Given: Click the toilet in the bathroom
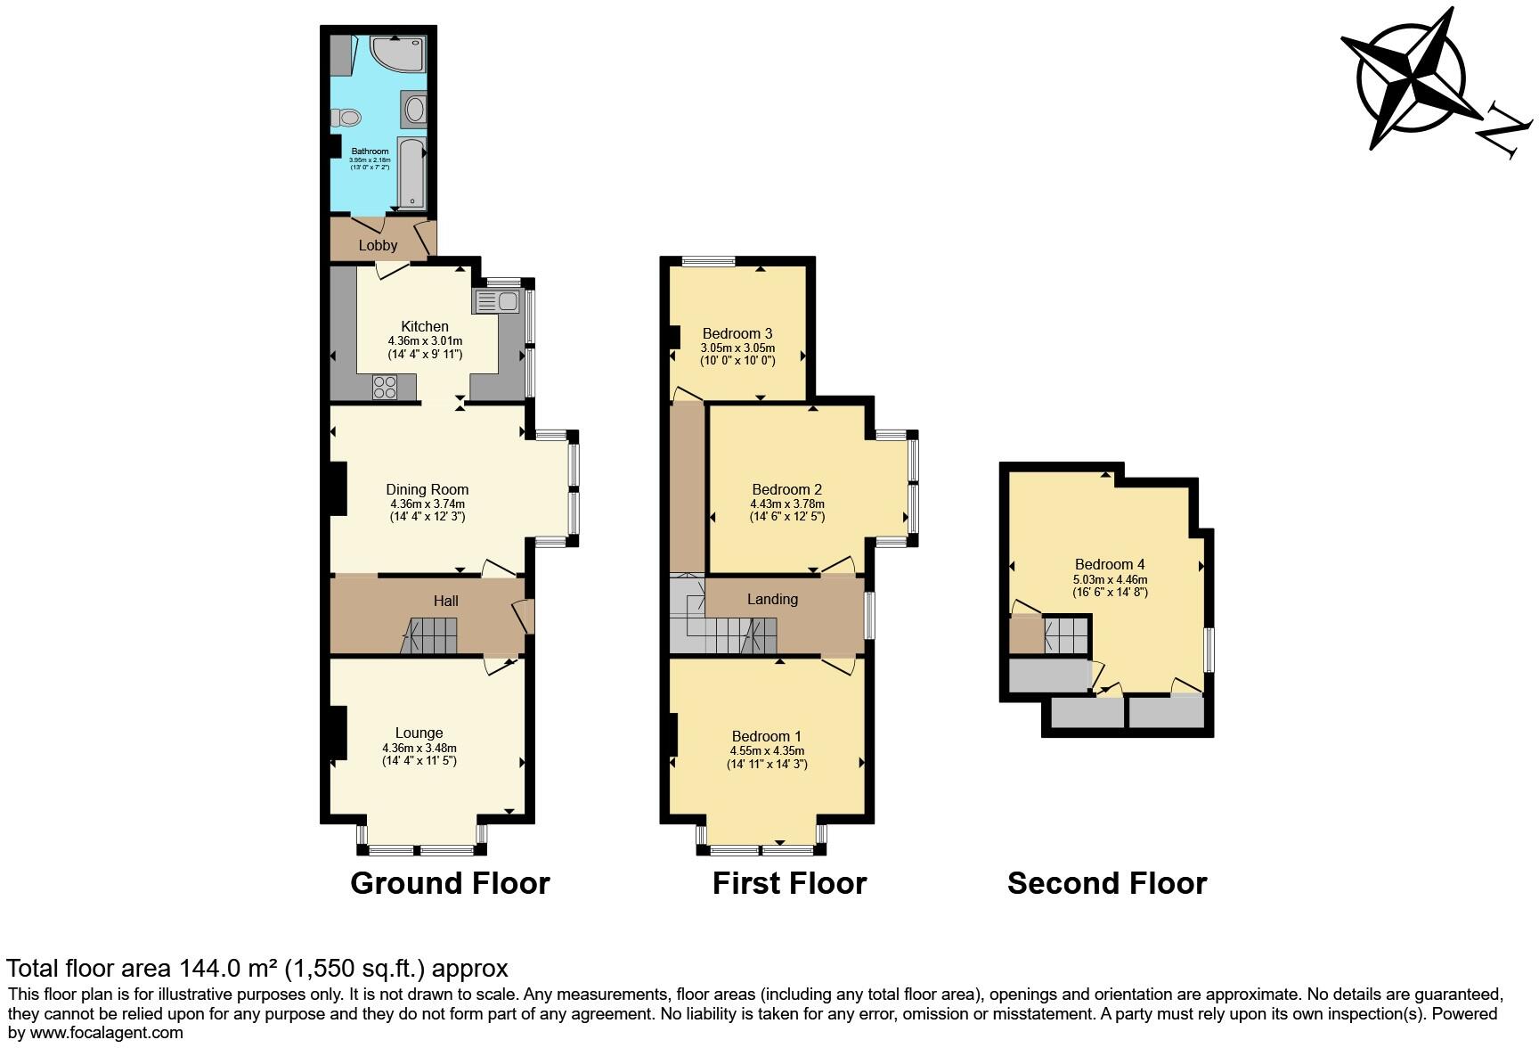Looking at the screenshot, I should point(346,117).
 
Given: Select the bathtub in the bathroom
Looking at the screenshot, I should point(411,173).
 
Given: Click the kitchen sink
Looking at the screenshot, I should point(498,301).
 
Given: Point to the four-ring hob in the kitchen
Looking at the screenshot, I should point(386,388).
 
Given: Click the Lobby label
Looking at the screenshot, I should point(378,245).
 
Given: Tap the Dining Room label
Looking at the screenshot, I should point(427,489).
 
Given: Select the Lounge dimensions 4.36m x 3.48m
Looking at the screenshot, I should point(419,748).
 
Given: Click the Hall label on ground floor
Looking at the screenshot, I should point(446,601).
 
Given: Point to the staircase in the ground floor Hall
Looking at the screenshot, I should point(431,637).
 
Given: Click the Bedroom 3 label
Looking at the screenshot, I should point(737,334).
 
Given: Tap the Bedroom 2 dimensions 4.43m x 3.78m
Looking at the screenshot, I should point(787,504).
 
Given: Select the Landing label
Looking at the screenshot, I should point(772,599).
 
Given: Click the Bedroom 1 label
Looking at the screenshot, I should point(767,736).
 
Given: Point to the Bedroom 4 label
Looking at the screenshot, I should point(1110,564).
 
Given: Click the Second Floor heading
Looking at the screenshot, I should point(1107,883).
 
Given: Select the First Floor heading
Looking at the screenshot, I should point(789,883).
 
